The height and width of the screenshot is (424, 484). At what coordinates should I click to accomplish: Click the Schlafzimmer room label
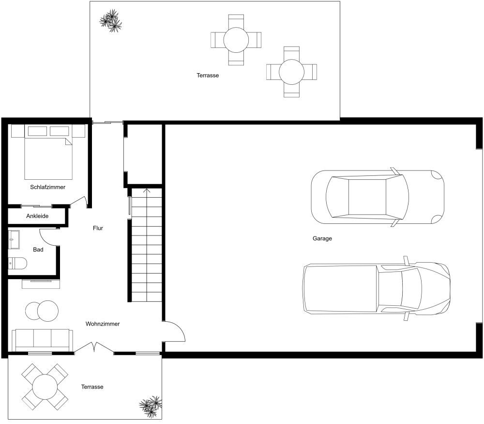47,187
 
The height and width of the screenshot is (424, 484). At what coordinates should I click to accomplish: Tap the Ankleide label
37,216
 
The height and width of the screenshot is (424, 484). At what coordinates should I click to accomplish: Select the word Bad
38,250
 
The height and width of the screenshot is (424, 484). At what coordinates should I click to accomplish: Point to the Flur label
98,228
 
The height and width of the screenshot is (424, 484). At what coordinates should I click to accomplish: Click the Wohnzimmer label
103,324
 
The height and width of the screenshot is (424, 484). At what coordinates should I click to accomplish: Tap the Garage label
322,238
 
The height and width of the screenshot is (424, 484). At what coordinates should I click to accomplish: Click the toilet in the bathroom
17,264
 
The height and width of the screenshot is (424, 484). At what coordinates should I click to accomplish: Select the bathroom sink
14,239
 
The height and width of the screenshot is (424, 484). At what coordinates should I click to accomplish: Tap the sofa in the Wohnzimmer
43,340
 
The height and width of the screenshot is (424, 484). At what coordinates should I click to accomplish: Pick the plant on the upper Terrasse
110,21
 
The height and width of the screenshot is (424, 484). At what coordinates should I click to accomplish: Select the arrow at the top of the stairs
147,191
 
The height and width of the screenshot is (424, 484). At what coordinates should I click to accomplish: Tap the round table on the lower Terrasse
45,387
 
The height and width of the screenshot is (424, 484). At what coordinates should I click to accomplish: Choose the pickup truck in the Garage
377,288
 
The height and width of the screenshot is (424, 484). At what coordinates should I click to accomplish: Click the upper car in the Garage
378,197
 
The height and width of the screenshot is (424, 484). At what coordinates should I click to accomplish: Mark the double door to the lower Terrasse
94,347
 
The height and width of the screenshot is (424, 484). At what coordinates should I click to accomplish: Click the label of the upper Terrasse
208,76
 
